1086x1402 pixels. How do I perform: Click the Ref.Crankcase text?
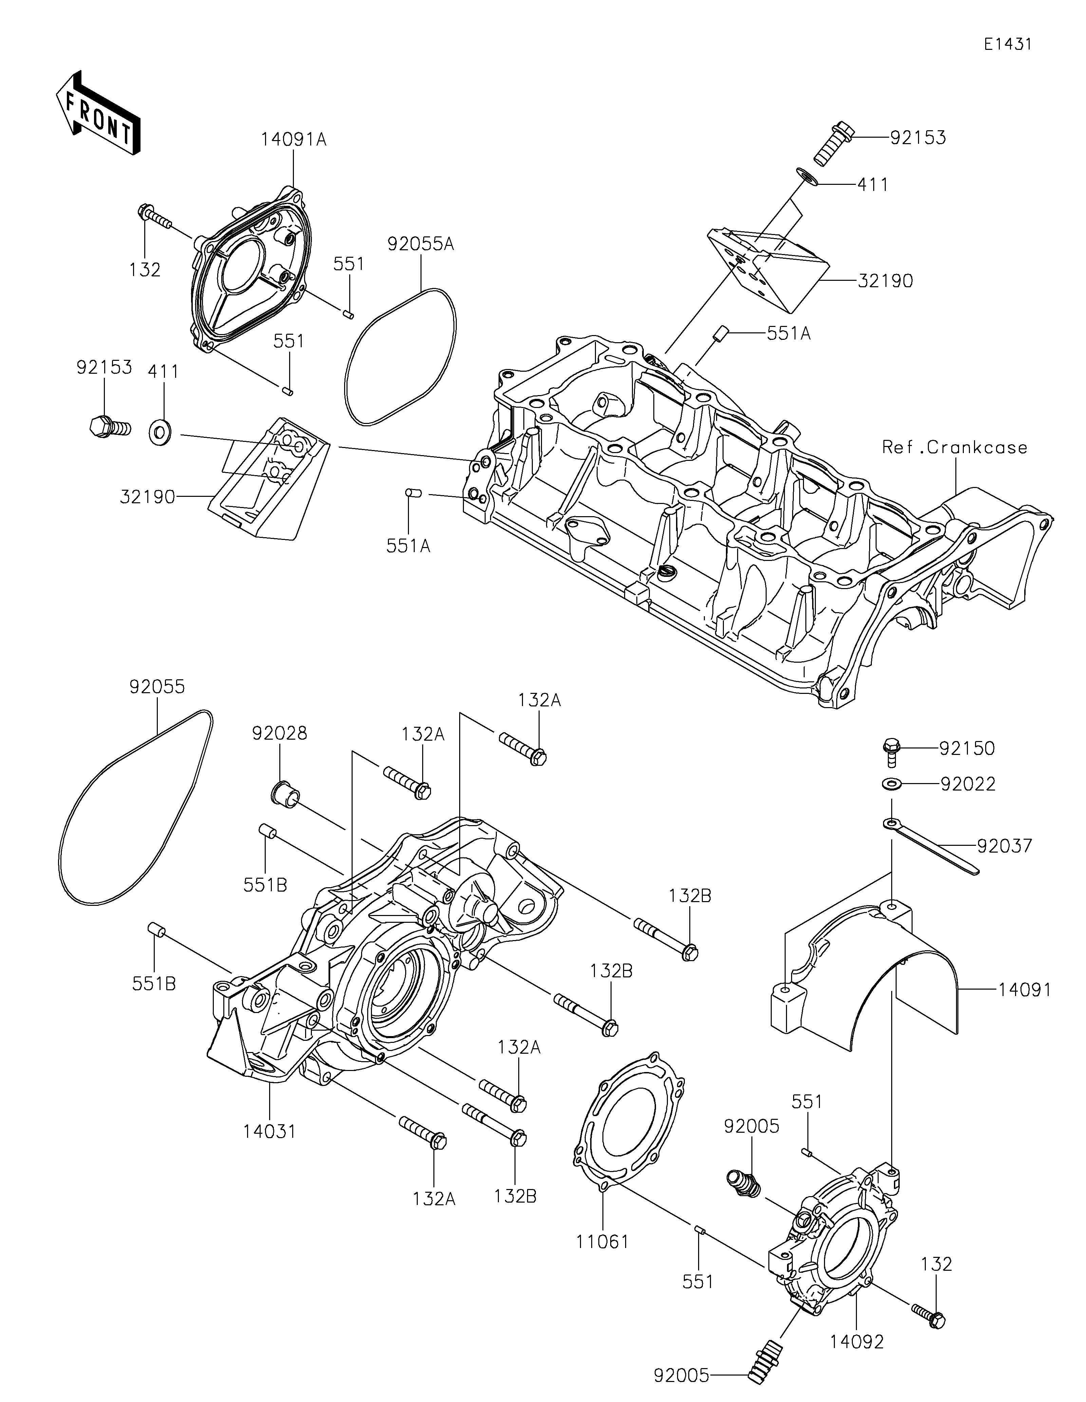coord(954,447)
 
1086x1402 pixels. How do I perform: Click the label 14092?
coord(857,1342)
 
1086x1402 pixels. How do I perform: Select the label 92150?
coord(967,748)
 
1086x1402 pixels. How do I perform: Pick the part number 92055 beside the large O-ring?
coord(157,687)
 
